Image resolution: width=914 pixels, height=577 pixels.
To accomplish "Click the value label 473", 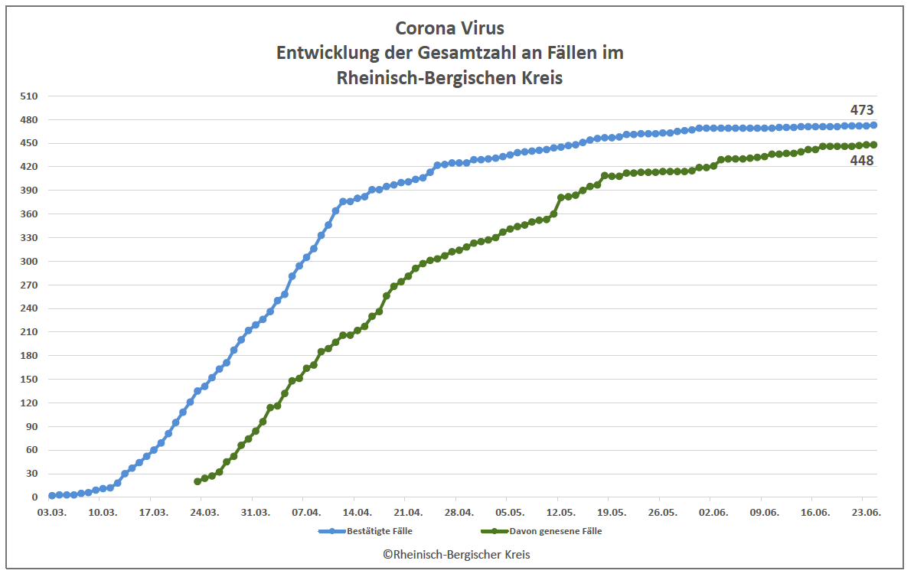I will click(x=862, y=110).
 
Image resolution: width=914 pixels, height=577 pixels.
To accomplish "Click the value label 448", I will click(x=862, y=161).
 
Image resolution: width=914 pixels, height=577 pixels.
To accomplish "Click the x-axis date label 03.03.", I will click(x=51, y=512).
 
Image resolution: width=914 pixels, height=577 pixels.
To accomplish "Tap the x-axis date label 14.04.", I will click(x=357, y=512).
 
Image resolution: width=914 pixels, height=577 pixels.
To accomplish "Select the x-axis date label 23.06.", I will click(x=866, y=512).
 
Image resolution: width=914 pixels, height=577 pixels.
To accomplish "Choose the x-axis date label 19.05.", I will click(x=612, y=512).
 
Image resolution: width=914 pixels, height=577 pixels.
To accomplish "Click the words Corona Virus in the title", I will click(x=450, y=28).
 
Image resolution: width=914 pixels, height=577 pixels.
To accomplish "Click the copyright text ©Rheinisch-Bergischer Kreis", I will click(x=456, y=555).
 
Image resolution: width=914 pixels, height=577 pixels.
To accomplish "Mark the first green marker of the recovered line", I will click(x=197, y=481).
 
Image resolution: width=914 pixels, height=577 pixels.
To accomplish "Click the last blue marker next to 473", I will click(x=873, y=125).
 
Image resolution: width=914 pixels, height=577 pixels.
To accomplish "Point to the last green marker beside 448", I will click(x=873, y=145).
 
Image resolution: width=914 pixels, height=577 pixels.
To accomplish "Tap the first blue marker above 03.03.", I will click(x=51, y=496).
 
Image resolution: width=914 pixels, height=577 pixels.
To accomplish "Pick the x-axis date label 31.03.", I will click(x=255, y=512).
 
